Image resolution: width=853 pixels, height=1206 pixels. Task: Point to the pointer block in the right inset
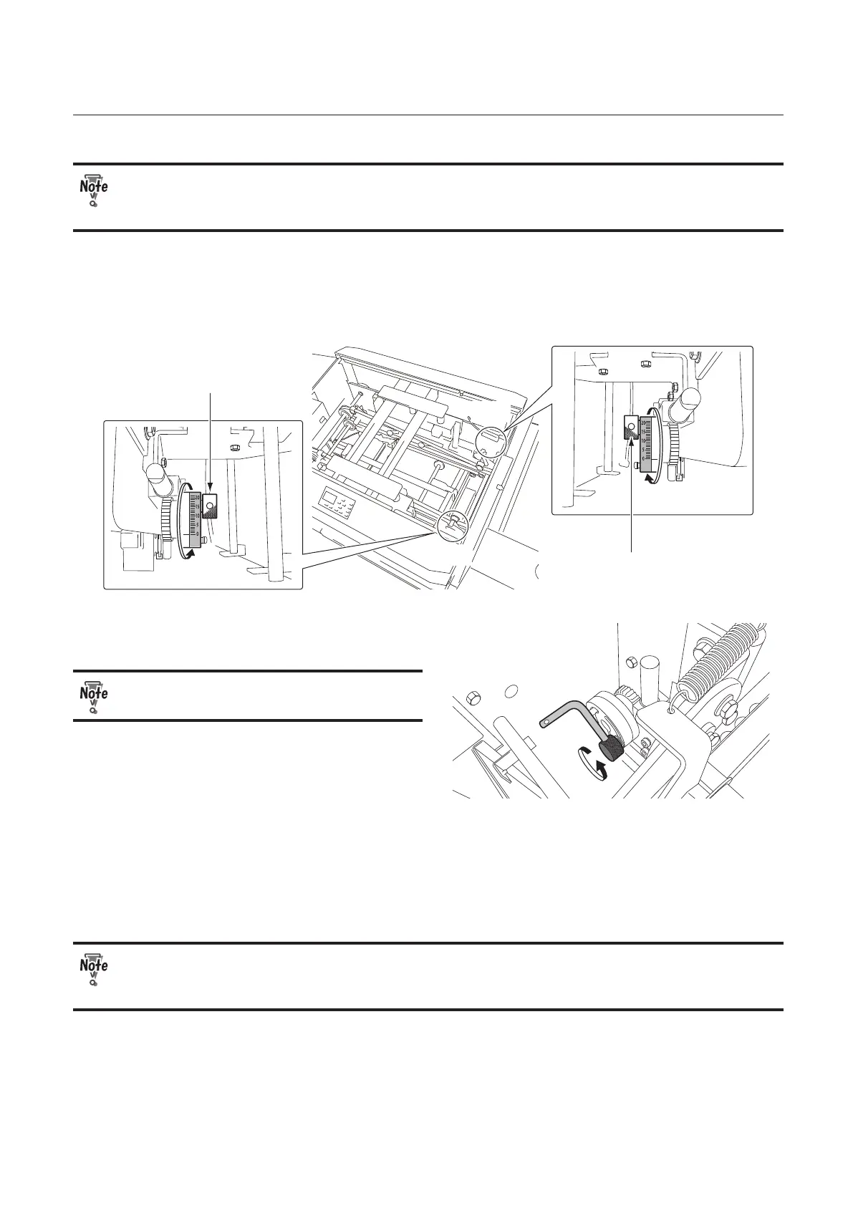point(631,429)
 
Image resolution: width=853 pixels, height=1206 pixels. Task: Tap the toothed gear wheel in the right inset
point(675,443)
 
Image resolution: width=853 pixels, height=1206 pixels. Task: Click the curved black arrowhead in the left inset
point(189,553)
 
